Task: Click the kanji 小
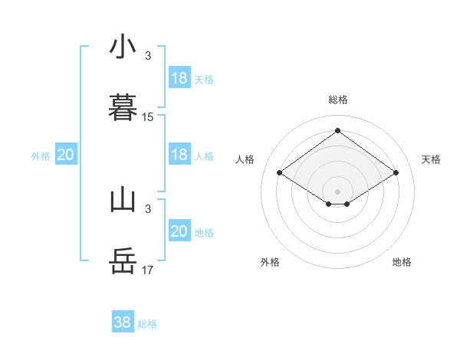(x=123, y=47)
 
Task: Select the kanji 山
(x=123, y=200)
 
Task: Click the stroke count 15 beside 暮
(x=148, y=117)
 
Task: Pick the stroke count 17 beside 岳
(x=148, y=270)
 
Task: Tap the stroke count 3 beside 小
(x=148, y=56)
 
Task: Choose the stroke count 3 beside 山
(x=148, y=209)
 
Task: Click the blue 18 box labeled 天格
(x=179, y=78)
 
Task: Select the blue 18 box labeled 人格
(x=179, y=155)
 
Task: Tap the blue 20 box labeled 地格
(x=179, y=231)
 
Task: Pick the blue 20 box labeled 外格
(x=66, y=155)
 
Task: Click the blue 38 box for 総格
(x=123, y=322)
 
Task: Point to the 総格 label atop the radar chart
(x=338, y=100)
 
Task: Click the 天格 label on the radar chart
(x=431, y=159)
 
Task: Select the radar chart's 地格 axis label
(x=402, y=262)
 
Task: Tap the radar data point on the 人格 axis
(x=280, y=173)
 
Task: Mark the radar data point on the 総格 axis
(x=338, y=131)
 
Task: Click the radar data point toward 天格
(x=396, y=173)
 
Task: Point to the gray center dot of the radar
(x=338, y=191)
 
